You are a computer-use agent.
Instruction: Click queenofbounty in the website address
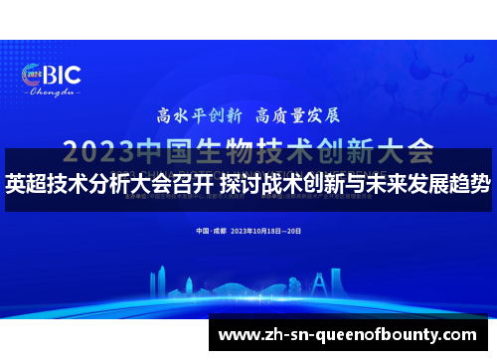click(388, 333)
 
